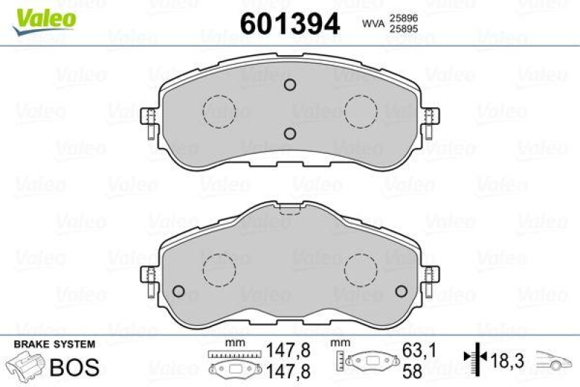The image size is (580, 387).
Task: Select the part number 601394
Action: (x=289, y=23)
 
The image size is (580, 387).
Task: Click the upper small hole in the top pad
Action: (x=289, y=86)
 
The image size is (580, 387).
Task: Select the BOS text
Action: (x=72, y=367)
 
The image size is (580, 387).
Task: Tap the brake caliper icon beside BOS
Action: (x=24, y=365)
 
